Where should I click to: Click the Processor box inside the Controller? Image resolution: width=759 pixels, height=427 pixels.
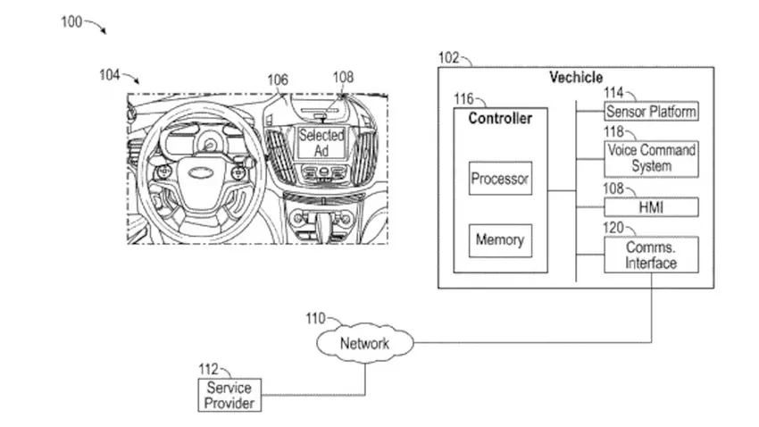[x=500, y=179]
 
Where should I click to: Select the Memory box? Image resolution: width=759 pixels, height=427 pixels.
[x=499, y=240]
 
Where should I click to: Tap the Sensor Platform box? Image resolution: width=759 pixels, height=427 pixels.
[x=651, y=112]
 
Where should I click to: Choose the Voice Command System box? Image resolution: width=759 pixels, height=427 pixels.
[x=651, y=159]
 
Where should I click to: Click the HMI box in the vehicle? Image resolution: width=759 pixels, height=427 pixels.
[x=651, y=207]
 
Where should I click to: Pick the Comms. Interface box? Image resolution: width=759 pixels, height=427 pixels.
[x=651, y=255]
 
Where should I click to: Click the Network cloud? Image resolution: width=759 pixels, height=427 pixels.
[x=364, y=343]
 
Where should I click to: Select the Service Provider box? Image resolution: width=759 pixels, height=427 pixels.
[x=229, y=396]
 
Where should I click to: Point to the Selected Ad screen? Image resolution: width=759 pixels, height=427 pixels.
[x=321, y=144]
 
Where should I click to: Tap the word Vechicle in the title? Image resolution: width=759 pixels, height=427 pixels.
[x=575, y=78]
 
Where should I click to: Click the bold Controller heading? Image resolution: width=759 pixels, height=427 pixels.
[x=500, y=118]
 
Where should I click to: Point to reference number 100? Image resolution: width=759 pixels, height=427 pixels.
[x=72, y=22]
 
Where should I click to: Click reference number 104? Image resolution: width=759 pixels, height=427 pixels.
[x=110, y=75]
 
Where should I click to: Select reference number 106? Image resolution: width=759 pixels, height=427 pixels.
[x=278, y=80]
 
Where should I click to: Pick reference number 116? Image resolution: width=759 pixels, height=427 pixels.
[x=464, y=98]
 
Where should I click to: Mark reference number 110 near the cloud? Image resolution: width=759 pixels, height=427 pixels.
[x=316, y=317]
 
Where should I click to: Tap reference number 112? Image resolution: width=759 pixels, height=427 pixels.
[x=208, y=367]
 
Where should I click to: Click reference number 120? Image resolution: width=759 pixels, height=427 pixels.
[x=613, y=228]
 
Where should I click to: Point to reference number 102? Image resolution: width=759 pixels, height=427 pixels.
[x=449, y=58]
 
